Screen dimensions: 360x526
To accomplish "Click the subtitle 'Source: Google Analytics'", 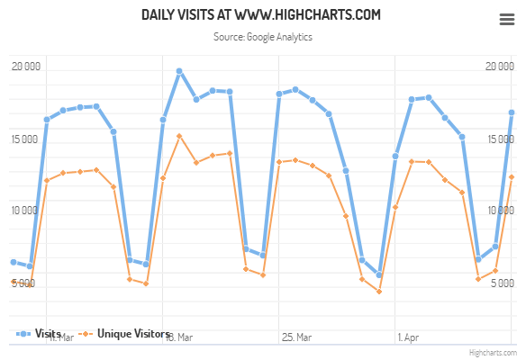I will [x=262, y=38].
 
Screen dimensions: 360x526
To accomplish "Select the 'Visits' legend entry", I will [x=40, y=334].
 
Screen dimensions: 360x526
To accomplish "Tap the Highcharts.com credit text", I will [x=494, y=353].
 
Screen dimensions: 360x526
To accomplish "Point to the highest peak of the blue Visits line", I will [x=179, y=70].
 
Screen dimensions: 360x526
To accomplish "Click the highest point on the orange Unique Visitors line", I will [x=179, y=137].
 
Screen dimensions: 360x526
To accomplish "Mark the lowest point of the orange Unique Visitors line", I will [x=379, y=291].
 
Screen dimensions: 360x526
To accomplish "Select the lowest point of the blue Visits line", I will [x=379, y=275].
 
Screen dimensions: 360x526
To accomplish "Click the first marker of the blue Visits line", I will [x=13, y=262].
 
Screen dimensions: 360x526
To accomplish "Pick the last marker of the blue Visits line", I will [x=512, y=112].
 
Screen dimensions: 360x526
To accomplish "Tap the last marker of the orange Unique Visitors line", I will [x=512, y=176].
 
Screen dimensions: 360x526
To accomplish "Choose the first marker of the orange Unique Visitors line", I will [x=13, y=282].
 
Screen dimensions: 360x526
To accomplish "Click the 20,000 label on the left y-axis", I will [x=24, y=66].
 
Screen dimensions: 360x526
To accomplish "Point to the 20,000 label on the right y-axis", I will [x=500, y=66].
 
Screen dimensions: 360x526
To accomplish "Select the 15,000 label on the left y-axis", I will [x=24, y=138].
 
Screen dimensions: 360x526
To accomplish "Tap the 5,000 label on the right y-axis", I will [x=502, y=282].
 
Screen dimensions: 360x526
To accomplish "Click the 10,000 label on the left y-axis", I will [x=24, y=210].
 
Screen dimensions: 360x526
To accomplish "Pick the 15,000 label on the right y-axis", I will [x=500, y=138].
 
